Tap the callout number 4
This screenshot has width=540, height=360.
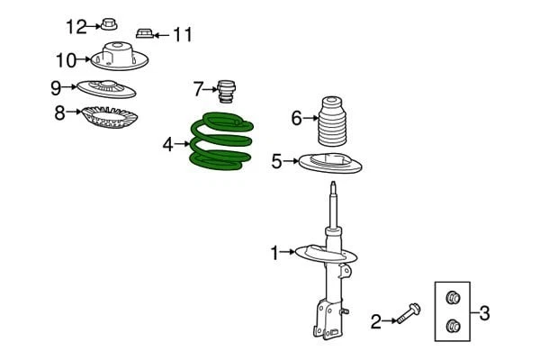(x=167, y=143)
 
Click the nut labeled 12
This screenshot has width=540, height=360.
(x=109, y=23)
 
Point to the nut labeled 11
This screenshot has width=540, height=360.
(x=143, y=34)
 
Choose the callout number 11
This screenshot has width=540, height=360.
(x=183, y=35)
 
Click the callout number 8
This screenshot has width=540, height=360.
(x=60, y=113)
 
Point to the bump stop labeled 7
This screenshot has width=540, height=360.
(x=227, y=92)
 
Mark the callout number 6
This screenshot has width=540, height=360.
(x=296, y=117)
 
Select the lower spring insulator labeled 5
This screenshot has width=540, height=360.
(x=333, y=166)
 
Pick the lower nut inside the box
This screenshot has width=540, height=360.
(x=454, y=326)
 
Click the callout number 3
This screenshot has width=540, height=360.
(x=484, y=313)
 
